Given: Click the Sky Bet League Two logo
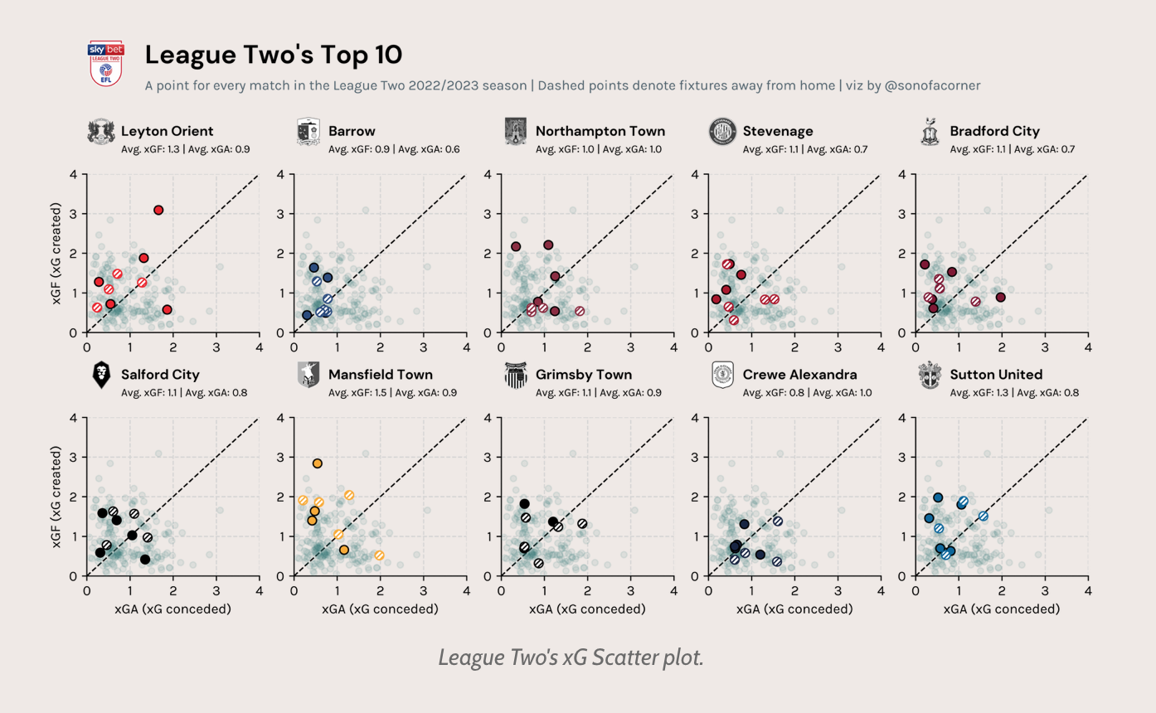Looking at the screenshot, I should click(105, 63).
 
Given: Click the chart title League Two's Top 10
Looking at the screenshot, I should click(274, 56).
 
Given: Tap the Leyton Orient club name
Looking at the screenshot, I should click(167, 131).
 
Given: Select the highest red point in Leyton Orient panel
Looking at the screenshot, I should click(158, 210).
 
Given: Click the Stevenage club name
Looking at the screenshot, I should click(778, 131).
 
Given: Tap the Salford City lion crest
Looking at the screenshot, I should click(101, 376).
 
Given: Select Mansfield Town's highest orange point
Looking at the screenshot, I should click(317, 463).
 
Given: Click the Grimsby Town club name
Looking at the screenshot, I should click(584, 375).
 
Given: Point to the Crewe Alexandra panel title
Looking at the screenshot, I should click(799, 375).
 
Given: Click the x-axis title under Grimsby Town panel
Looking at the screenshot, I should click(587, 609).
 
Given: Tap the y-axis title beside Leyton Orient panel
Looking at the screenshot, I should click(56, 253).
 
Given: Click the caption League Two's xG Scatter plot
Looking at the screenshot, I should click(571, 658).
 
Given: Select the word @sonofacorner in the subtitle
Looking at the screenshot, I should click(933, 85).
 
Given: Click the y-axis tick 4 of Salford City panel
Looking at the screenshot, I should click(74, 417).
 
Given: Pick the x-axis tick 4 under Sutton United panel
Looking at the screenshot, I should click(1088, 590).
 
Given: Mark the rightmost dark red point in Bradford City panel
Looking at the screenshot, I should click(1001, 297).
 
